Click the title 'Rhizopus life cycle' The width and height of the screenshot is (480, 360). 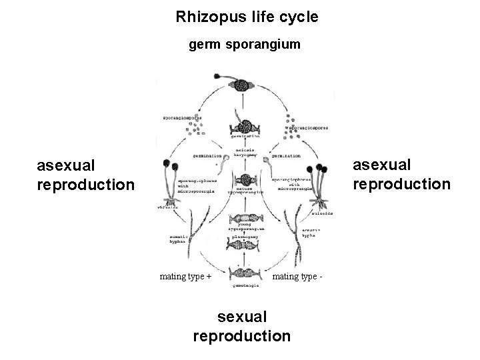coord(247,17)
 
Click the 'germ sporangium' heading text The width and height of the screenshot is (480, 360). coord(245,45)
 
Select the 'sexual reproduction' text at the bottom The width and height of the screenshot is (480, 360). coord(241,326)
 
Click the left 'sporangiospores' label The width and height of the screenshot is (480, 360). coord(182,118)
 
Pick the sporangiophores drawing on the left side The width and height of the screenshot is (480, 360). coord(172,180)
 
